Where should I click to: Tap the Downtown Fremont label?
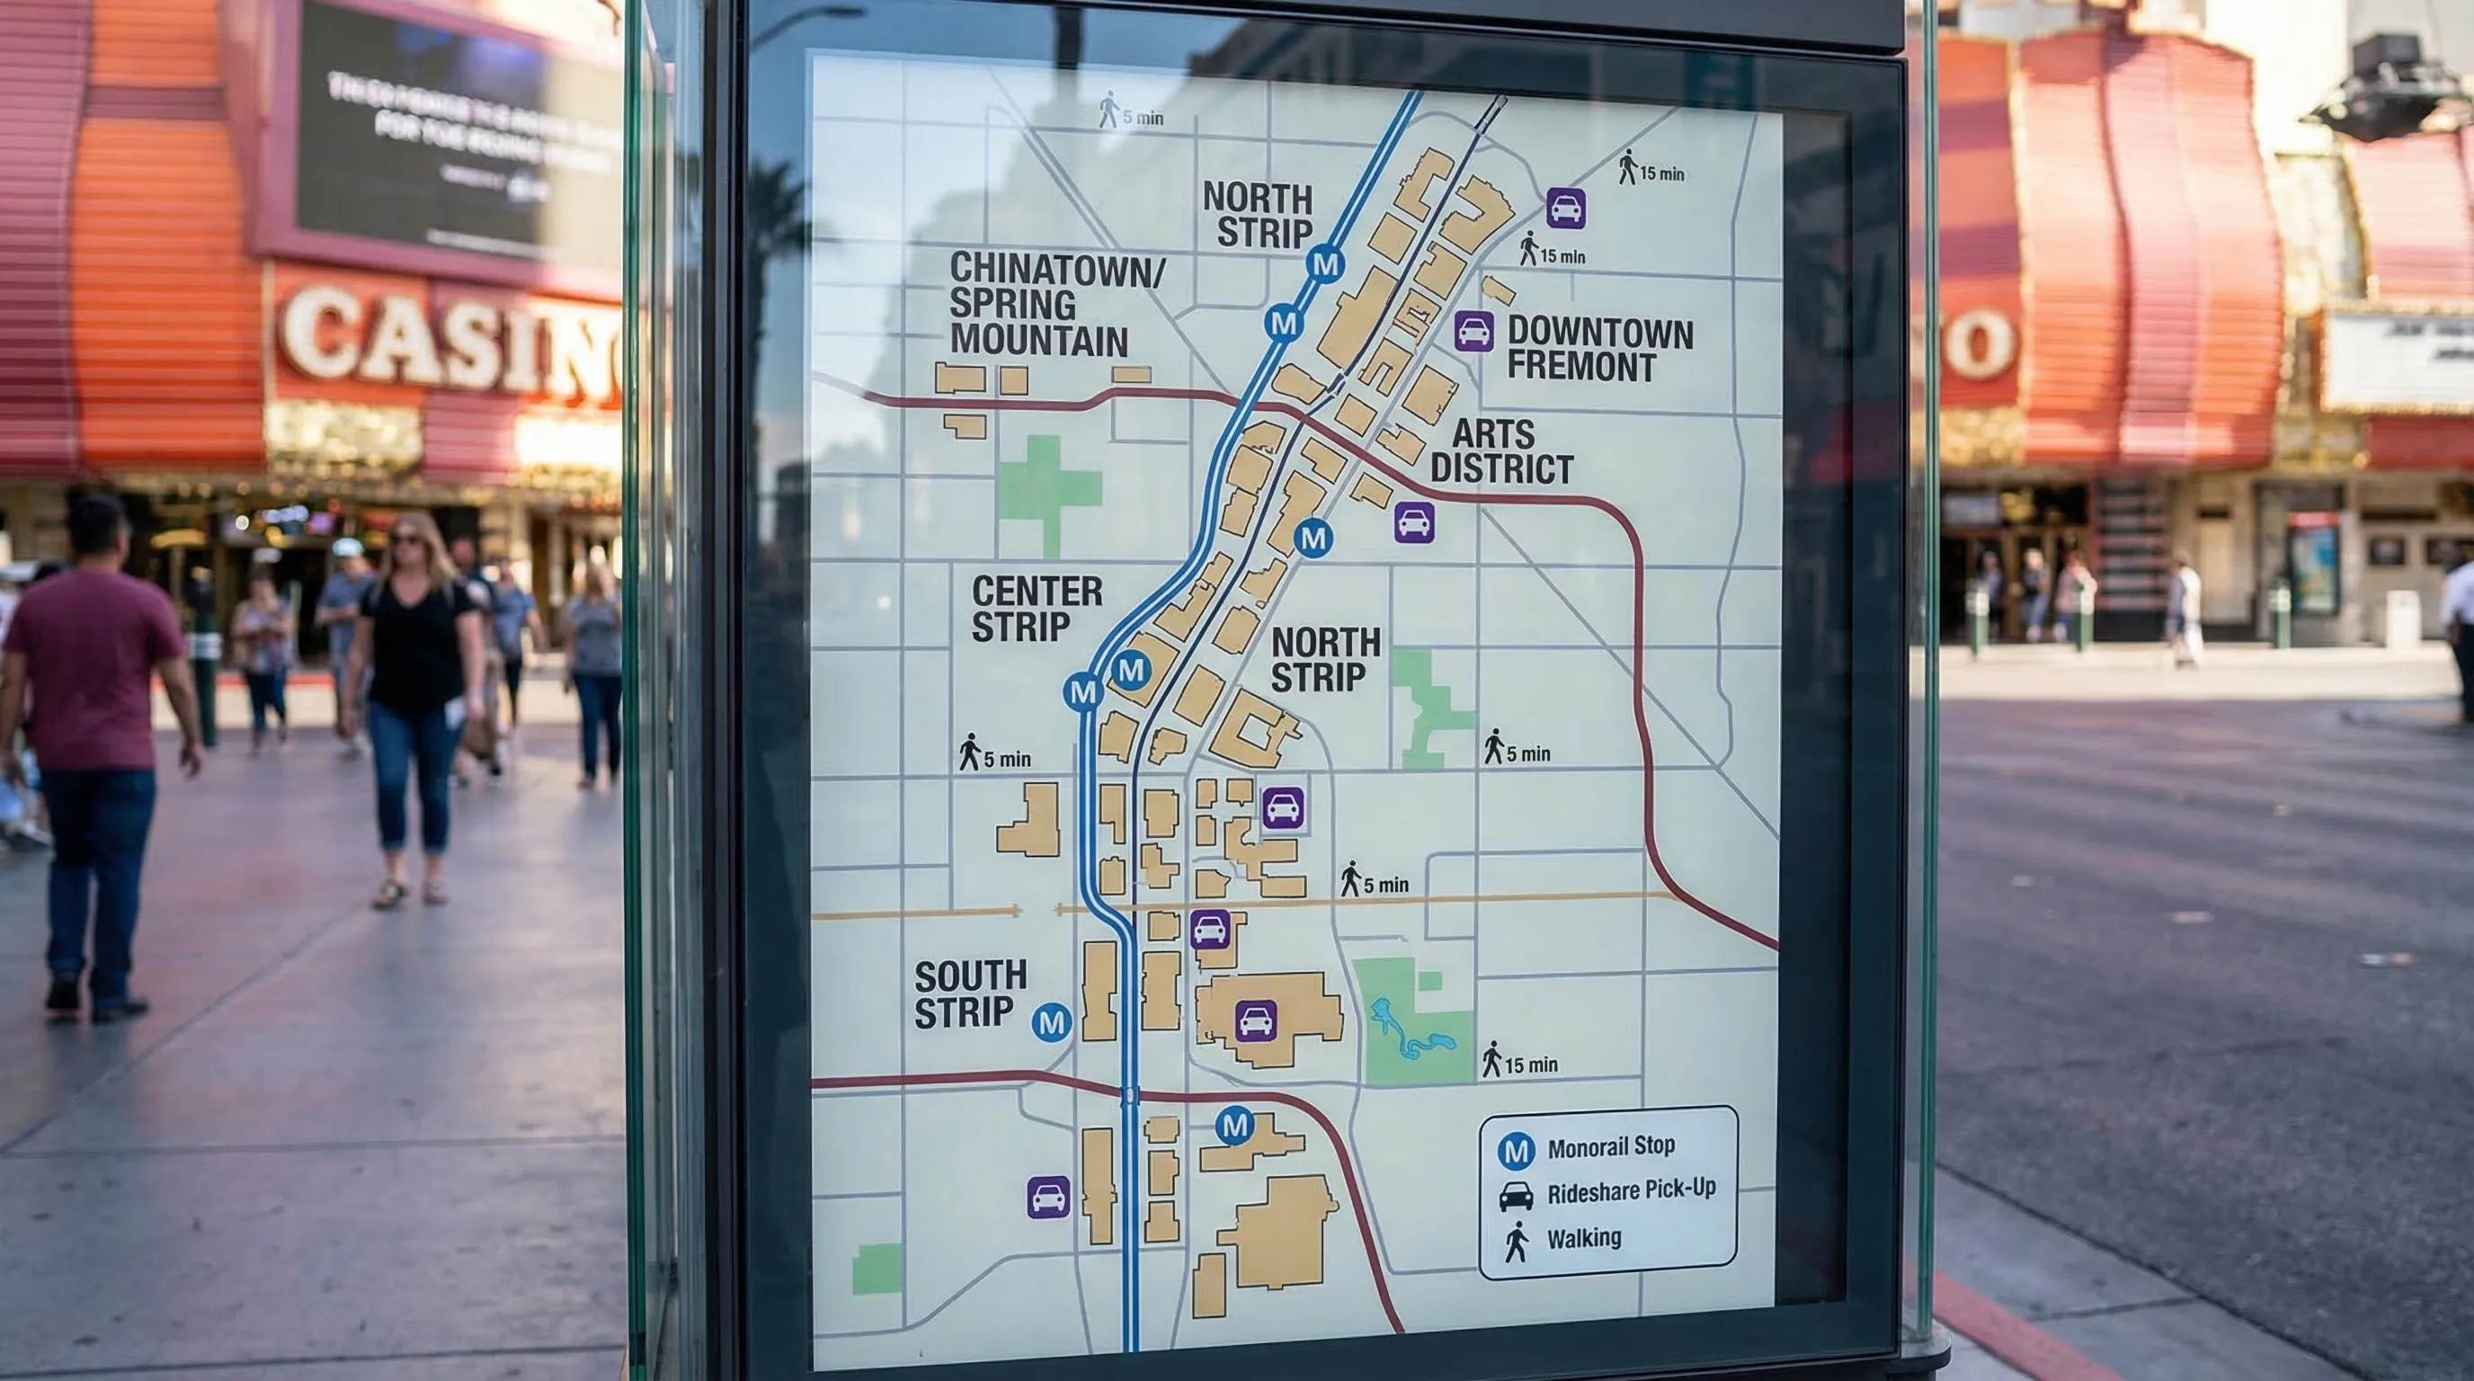point(1599,350)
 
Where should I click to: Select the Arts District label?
point(1501,451)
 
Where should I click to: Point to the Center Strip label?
point(1036,609)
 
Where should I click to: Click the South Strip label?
point(969,994)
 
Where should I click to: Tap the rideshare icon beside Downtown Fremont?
point(1473,333)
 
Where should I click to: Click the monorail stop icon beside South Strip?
point(1051,1022)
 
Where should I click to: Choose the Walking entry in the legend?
point(1583,1239)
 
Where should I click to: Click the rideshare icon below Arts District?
point(1414,523)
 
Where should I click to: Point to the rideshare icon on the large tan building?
point(1255,1020)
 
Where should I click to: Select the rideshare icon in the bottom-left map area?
point(1048,1198)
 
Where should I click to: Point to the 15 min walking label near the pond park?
point(1521,1062)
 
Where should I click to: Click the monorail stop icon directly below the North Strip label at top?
point(1324,264)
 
